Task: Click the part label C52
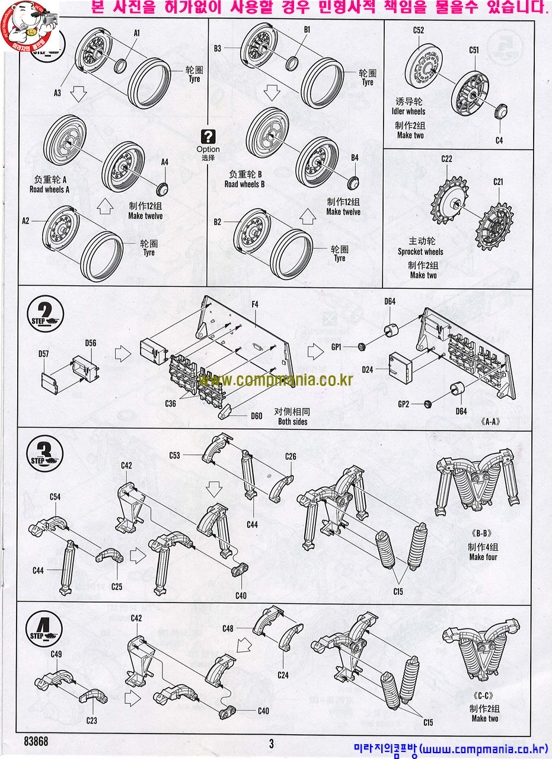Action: click(419, 30)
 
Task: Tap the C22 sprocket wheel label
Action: click(446, 159)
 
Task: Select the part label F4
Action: click(255, 304)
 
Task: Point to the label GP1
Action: click(337, 347)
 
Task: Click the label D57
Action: click(44, 353)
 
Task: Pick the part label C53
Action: click(174, 455)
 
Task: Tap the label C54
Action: click(55, 496)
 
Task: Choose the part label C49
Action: click(57, 654)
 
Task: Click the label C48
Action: click(228, 628)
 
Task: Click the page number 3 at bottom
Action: click(271, 743)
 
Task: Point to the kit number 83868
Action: click(36, 741)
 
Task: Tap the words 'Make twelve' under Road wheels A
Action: click(146, 216)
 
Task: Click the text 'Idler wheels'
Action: click(408, 111)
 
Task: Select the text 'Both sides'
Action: click(292, 422)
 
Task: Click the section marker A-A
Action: click(490, 422)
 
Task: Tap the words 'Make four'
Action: click(483, 557)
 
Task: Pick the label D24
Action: click(367, 369)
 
